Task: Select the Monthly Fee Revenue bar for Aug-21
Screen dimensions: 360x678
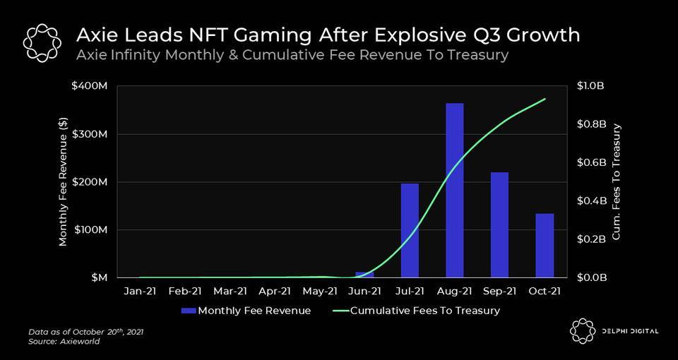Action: (x=455, y=191)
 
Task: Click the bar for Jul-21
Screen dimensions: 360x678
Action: (x=410, y=230)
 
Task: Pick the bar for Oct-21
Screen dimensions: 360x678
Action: (x=545, y=246)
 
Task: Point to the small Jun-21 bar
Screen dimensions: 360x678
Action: (x=364, y=275)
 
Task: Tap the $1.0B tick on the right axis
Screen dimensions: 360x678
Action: (x=592, y=86)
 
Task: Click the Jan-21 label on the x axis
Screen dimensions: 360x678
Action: (x=140, y=291)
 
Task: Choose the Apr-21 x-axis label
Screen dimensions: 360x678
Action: (x=275, y=291)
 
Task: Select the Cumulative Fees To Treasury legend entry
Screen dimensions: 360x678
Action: (x=416, y=311)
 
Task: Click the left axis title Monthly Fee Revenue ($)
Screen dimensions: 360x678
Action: (x=64, y=181)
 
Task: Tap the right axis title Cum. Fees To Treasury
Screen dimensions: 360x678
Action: (x=617, y=181)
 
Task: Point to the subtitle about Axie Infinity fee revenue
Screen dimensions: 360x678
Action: (x=292, y=55)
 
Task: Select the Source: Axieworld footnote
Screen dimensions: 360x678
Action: (x=64, y=342)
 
